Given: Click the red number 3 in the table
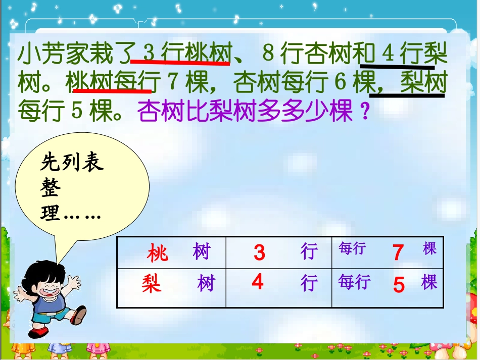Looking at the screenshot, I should tap(259, 252).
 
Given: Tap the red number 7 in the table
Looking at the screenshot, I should tap(398, 252).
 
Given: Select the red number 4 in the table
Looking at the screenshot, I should tap(258, 282).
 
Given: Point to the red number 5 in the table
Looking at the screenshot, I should tap(399, 285).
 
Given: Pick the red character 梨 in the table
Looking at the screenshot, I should tap(152, 283).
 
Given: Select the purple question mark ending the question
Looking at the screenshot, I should tap(362, 111).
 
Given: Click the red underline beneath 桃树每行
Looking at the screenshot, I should tap(112, 91).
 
